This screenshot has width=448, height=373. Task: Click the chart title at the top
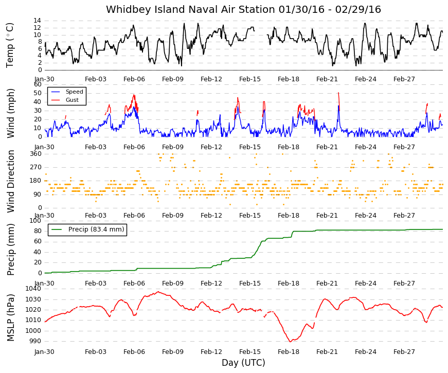point(243,9)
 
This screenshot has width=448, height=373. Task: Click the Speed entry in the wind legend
point(74,92)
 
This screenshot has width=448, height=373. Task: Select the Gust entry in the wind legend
point(72,100)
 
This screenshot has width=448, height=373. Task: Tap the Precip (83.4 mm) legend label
point(96,229)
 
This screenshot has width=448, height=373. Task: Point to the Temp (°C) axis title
point(10,45)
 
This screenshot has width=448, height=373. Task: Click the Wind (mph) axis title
point(10,114)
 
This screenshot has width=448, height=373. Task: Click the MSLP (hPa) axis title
point(10,318)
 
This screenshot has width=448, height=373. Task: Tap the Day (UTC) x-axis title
point(243,363)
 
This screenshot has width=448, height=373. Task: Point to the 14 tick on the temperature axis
point(38,21)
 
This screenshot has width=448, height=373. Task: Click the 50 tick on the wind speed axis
point(38,93)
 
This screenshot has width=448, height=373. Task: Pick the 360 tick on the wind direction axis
point(35,154)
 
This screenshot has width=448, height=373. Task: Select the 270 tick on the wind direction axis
point(35,167)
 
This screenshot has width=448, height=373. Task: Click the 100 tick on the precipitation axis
point(35,221)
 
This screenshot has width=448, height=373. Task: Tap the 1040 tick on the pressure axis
point(33,289)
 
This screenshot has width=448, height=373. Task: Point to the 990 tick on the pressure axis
point(35,341)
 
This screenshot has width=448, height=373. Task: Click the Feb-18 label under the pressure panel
point(288,352)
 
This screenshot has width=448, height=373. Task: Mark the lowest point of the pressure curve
point(290,342)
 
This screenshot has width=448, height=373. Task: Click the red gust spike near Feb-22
point(339,99)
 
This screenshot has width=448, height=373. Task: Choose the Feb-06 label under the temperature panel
point(134,79)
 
